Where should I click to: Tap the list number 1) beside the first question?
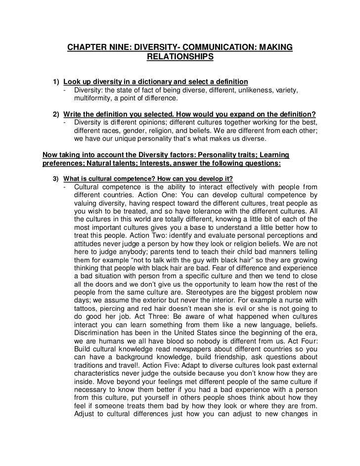(x=55, y=81)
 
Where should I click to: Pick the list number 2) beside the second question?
(x=55, y=113)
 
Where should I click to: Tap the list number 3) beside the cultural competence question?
(x=55, y=178)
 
